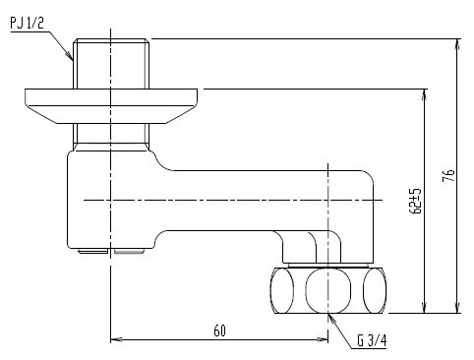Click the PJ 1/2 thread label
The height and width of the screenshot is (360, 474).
point(27,23)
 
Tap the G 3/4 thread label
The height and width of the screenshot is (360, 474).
point(372,340)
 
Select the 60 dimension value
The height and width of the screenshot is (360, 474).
point(219,330)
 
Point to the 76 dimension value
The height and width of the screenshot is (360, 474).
point(449,175)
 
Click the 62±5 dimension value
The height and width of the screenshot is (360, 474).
point(415,201)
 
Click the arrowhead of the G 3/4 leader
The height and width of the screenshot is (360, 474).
point(331,318)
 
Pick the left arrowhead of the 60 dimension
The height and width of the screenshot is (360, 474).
point(116,339)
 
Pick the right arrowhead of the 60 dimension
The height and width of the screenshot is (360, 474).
point(323,339)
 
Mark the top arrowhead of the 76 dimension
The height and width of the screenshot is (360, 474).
point(458,44)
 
